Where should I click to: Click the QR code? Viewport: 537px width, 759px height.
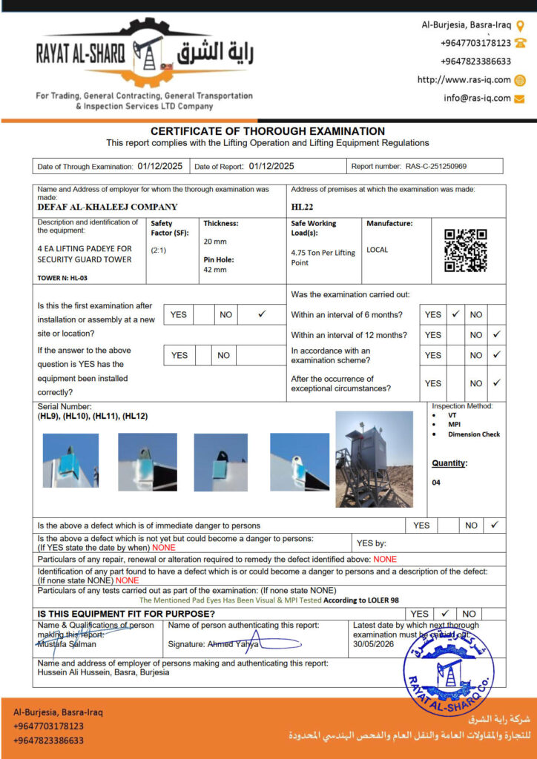(466, 251)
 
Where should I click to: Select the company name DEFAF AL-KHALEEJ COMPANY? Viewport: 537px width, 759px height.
(108, 207)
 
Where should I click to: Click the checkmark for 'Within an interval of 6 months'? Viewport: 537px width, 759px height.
(455, 314)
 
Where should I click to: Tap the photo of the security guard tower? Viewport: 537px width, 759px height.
(374, 459)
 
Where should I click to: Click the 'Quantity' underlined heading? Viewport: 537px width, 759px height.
(449, 463)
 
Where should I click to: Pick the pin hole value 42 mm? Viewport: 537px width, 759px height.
(214, 270)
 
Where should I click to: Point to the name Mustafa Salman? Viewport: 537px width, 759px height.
(67, 644)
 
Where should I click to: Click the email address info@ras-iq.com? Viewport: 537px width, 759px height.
(477, 98)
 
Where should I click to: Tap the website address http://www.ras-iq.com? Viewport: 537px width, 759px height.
(464, 80)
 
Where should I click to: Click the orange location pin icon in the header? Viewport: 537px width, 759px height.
(520, 24)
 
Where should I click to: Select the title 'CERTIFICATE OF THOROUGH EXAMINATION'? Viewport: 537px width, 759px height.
(268, 131)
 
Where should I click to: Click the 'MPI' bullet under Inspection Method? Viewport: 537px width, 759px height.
(454, 425)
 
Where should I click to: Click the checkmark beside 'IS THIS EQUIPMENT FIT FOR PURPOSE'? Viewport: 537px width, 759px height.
(444, 614)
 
